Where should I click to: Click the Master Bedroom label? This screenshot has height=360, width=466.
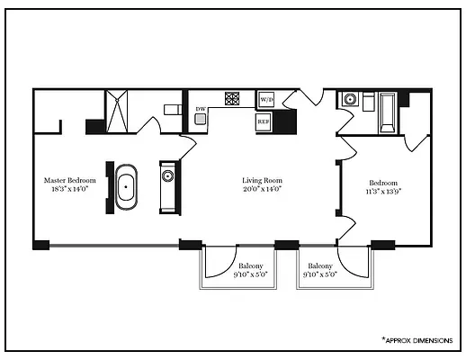[x=71, y=180]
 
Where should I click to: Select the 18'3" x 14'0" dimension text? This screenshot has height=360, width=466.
[x=71, y=190]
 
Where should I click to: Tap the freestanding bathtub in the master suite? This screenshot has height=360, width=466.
[x=126, y=188]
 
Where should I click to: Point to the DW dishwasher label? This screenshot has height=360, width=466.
[x=202, y=111]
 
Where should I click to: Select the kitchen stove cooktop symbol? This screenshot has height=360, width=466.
[x=232, y=99]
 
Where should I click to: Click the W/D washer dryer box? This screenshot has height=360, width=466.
[x=266, y=99]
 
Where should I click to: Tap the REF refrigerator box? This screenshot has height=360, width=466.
[x=264, y=121]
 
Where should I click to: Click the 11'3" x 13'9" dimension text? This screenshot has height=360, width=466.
[x=383, y=191]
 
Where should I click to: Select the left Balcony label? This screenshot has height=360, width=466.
[x=251, y=265]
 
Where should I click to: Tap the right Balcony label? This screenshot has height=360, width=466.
[x=320, y=265]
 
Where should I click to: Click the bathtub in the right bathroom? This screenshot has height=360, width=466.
[x=388, y=110]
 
